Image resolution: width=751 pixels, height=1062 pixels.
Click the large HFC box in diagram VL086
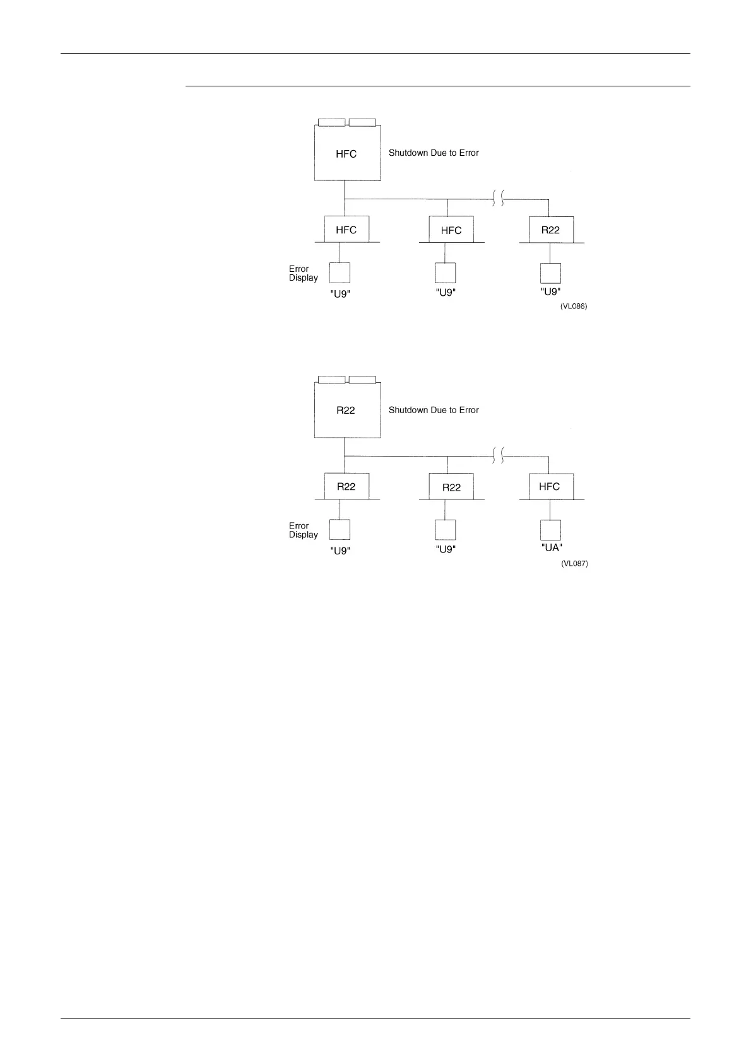347,153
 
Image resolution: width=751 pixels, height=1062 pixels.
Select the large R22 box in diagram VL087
347,411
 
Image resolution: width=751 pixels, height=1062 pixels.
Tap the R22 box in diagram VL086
551,230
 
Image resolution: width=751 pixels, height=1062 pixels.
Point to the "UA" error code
552,548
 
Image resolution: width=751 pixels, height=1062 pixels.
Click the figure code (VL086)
574,306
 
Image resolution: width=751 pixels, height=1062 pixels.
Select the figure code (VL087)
574,564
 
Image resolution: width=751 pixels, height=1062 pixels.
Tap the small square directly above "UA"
551,530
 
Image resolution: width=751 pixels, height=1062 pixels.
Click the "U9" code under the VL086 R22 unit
551,292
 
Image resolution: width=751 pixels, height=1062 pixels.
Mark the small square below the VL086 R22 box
551,273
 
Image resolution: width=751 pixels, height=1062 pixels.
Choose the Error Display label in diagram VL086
304,273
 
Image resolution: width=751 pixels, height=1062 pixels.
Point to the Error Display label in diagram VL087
304,530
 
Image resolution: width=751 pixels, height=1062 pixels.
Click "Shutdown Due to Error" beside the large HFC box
434,153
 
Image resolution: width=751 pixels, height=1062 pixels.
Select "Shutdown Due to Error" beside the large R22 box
434,411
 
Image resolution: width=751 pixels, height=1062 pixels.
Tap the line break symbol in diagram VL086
497,199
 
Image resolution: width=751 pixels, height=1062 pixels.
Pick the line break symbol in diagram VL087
497,456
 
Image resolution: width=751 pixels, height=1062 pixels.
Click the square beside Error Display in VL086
340,272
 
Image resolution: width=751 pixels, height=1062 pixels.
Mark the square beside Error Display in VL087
340,530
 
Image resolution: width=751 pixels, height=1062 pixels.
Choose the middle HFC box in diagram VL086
451,230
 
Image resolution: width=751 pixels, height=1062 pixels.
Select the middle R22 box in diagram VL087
451,487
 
